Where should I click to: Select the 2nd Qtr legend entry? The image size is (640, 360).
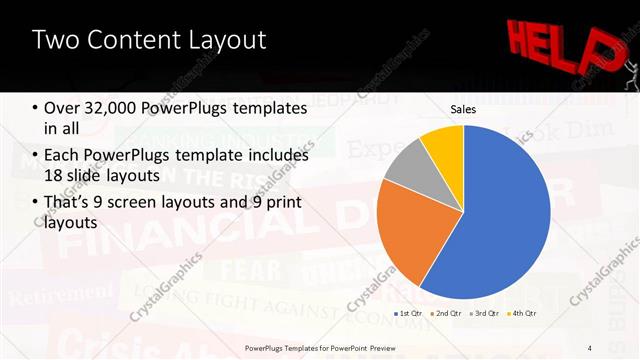coord(444,314)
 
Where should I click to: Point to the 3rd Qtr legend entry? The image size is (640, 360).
coord(483,314)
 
